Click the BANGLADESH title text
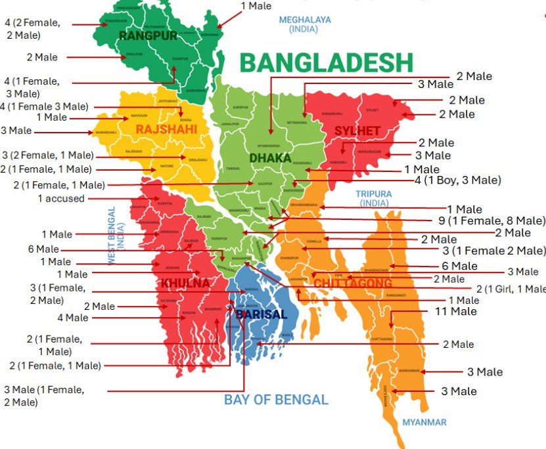[326, 63]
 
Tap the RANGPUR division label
[148, 35]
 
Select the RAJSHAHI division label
[166, 129]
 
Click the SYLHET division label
[357, 131]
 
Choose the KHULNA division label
[185, 284]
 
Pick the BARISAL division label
[261, 314]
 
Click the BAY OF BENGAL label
[275, 399]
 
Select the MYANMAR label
[424, 422]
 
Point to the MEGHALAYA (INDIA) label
[305, 24]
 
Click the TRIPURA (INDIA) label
[373, 198]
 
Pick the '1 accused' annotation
[61, 198]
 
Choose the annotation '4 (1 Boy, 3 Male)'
[458, 180]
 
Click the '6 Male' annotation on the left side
[43, 249]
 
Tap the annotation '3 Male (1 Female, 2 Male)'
[43, 396]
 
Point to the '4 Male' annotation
[72, 318]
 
